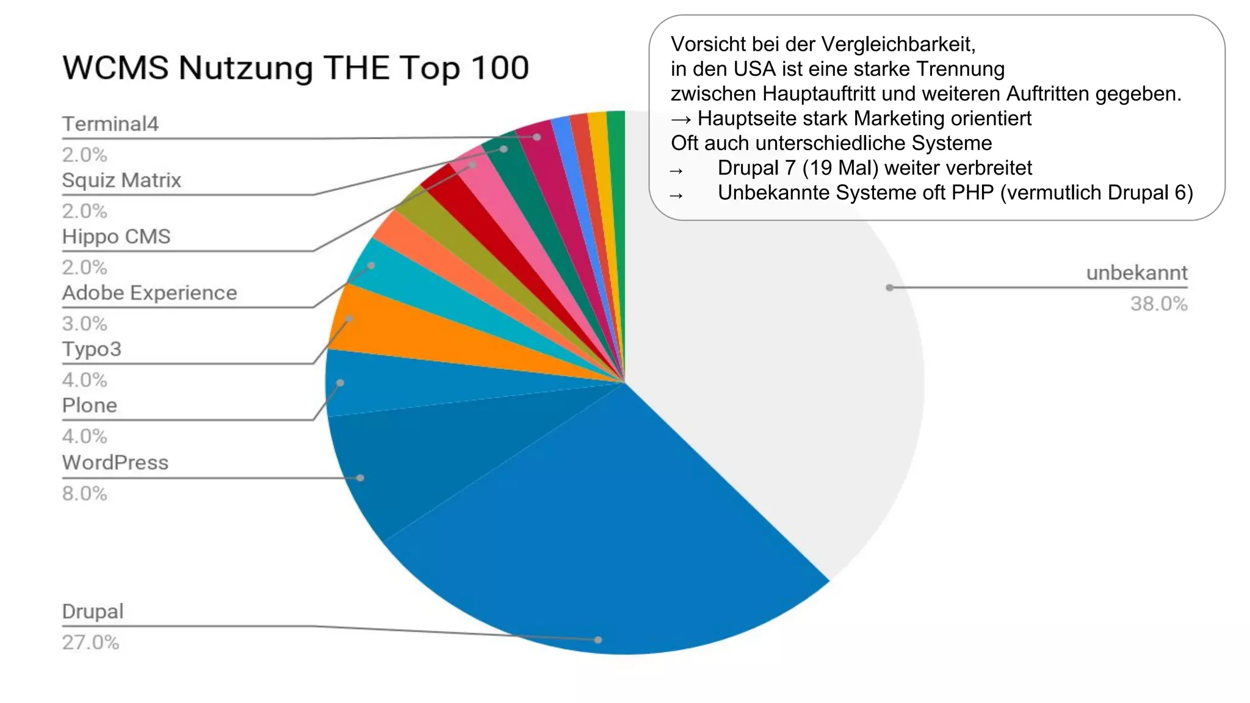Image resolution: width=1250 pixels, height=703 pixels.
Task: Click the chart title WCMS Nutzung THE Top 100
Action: (x=295, y=67)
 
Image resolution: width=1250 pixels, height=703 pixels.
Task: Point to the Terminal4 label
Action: (x=110, y=124)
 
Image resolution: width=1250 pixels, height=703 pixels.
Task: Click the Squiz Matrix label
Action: (x=121, y=180)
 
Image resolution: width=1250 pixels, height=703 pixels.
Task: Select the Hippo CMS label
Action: (x=116, y=236)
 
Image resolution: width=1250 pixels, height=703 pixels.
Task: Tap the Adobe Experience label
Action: (x=150, y=293)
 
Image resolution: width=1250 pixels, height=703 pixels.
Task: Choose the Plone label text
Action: (x=90, y=405)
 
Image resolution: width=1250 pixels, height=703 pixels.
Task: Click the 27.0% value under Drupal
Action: (x=90, y=642)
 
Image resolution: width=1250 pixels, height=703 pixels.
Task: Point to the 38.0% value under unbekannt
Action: (x=1158, y=303)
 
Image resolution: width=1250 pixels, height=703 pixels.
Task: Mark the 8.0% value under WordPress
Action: (x=84, y=493)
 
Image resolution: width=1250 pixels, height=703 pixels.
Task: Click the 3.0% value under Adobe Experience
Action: (x=84, y=323)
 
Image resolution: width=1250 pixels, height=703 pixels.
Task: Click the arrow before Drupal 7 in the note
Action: (x=676, y=170)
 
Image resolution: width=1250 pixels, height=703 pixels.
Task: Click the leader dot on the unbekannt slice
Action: (x=889, y=287)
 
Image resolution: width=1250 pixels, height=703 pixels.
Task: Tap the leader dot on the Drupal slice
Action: (x=598, y=640)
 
